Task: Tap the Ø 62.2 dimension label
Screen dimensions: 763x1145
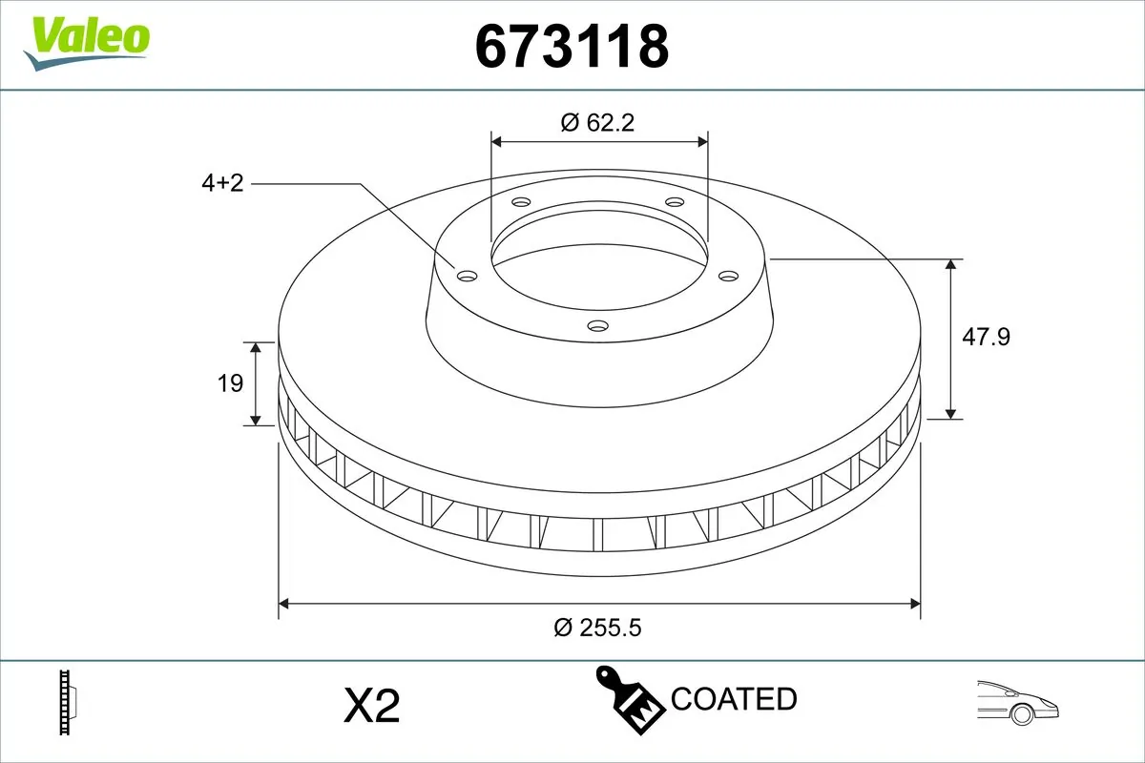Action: point(598,122)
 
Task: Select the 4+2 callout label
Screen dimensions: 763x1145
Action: point(222,183)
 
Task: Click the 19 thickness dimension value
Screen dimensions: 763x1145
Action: point(230,383)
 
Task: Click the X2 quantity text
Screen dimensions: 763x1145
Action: point(370,707)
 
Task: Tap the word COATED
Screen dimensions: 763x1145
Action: point(734,699)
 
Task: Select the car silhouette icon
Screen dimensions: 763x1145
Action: point(1018,703)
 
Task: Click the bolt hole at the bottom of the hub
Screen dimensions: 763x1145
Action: point(598,326)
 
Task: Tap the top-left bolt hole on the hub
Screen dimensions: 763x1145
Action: point(520,202)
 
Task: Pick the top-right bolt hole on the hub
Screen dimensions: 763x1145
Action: point(675,202)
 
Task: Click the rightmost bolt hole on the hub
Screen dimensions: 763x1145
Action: point(729,276)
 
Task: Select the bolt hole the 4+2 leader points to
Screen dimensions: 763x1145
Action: point(467,276)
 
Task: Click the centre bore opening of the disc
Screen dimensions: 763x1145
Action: point(599,258)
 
